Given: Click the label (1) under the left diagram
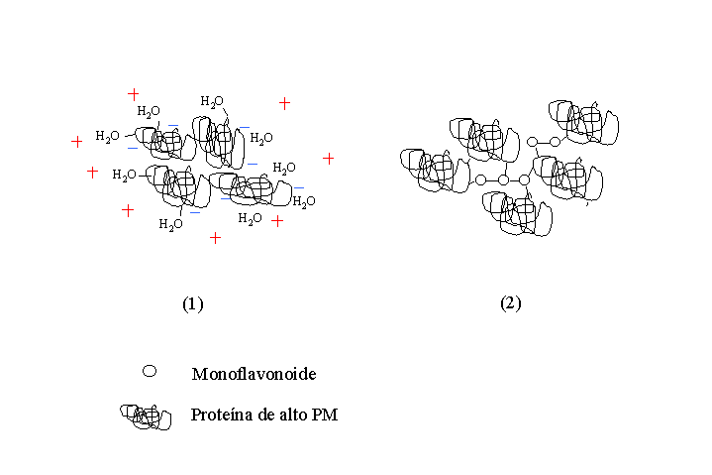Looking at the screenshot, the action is (x=193, y=303).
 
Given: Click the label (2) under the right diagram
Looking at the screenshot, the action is (x=511, y=302).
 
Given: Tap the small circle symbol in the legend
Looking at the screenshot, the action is (x=150, y=371).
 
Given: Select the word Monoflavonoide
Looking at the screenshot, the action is (x=254, y=374).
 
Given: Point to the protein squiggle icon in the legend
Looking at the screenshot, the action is (x=146, y=416).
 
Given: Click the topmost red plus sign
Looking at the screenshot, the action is (x=133, y=94).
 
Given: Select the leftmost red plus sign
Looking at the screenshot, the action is (x=76, y=142).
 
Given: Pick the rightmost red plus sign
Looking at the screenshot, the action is (x=329, y=159).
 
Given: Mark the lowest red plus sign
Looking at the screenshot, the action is (x=215, y=238).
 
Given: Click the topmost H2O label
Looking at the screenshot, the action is (x=212, y=101).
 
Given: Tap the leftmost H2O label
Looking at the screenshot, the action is (x=107, y=137).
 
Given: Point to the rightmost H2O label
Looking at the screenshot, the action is (x=304, y=201).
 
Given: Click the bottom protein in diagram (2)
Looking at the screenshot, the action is (x=517, y=213).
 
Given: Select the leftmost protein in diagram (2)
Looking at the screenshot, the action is (x=435, y=171).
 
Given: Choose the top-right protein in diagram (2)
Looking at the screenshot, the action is (x=583, y=123).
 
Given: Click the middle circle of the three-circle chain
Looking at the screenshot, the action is (x=503, y=180).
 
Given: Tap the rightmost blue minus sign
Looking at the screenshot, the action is (x=299, y=187).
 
